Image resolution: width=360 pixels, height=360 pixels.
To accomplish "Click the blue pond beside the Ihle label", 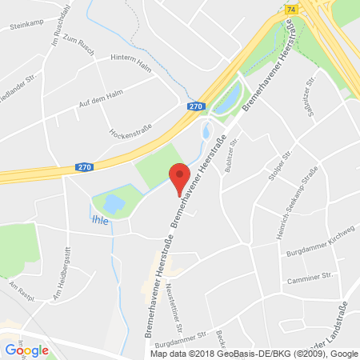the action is pos(112,206).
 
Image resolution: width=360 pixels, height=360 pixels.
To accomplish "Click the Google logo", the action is pos(26,349).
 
